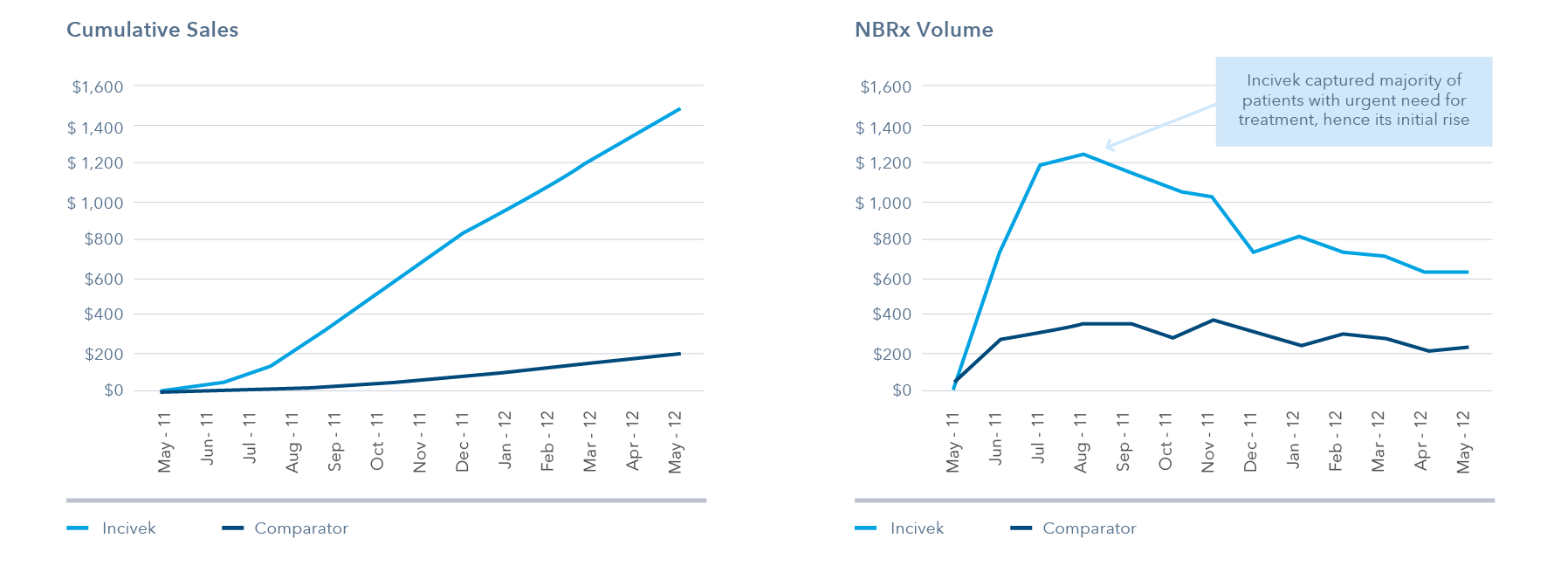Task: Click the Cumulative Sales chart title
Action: point(152,30)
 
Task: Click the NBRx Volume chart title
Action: point(924,30)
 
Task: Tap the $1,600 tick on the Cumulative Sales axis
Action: point(98,86)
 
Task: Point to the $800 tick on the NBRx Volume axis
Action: point(891,238)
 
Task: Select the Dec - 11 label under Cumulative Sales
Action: point(463,442)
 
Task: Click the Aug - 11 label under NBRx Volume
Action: point(1081,442)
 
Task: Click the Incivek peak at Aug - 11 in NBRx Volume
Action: point(1083,155)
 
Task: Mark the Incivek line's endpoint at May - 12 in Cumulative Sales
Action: point(679,109)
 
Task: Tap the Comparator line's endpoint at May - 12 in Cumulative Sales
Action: point(679,354)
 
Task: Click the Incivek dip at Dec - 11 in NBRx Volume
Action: point(1254,252)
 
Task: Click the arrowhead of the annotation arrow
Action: point(1108,146)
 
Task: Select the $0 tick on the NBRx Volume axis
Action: point(901,390)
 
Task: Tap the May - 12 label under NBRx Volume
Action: point(1464,442)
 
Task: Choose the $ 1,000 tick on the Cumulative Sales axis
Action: point(95,203)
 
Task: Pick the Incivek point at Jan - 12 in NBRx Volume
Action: point(1299,236)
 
